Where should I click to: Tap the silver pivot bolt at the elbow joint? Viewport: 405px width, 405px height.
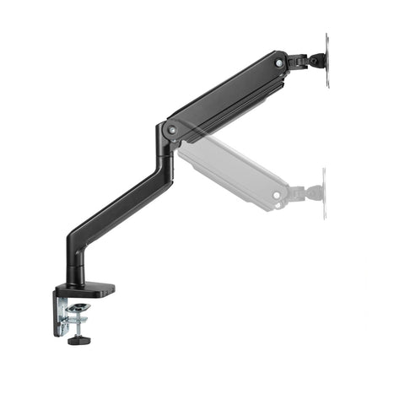pyautogui.click(x=172, y=129)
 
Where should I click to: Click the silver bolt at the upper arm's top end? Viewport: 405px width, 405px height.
pyautogui.click(x=278, y=62)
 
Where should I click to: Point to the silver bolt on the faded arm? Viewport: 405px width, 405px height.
pyautogui.click(x=277, y=195)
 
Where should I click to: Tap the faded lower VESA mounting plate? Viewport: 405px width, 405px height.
pyautogui.click(x=323, y=192)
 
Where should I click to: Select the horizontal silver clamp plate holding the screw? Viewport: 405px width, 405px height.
pyautogui.click(x=81, y=315)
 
